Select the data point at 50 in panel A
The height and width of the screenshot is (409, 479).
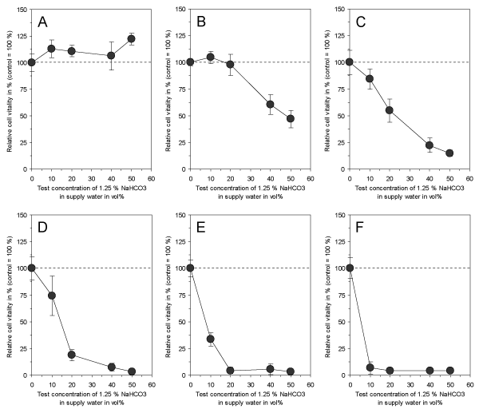click(x=131, y=38)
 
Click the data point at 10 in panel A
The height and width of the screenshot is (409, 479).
click(x=51, y=49)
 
